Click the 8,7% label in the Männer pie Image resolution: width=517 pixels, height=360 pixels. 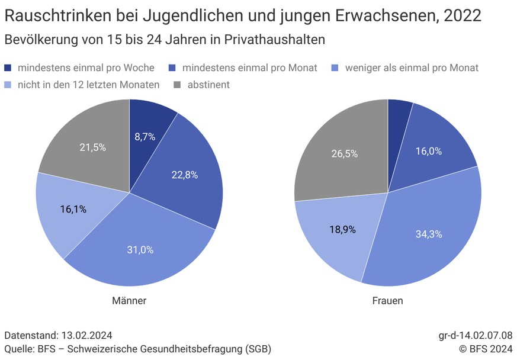pyautogui.click(x=144, y=137)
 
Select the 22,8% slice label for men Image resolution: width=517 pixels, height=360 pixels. pyautogui.click(x=184, y=175)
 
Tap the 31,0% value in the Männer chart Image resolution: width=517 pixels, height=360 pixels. pyautogui.click(x=140, y=250)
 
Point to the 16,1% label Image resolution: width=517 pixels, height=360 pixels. pyautogui.click(x=73, y=209)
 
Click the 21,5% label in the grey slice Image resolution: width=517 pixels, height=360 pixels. pyautogui.click(x=92, y=147)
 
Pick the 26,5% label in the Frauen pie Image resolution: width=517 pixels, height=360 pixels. pyautogui.click(x=344, y=153)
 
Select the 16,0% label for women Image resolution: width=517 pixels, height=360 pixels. pyautogui.click(x=429, y=151)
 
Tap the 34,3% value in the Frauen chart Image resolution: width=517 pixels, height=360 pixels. pyautogui.click(x=428, y=234)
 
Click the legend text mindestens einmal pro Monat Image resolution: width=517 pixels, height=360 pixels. pyautogui.click(x=249, y=68)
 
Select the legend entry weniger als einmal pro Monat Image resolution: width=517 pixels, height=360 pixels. pyautogui.click(x=412, y=68)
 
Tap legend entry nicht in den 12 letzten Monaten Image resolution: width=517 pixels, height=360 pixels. pyautogui.click(x=88, y=85)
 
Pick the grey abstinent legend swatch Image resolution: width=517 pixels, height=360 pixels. pyautogui.click(x=178, y=85)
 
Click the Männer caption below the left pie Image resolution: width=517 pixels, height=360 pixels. pyautogui.click(x=129, y=301)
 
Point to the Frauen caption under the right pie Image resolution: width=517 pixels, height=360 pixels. pyautogui.click(x=387, y=301)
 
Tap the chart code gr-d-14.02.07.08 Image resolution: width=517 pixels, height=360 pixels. pyautogui.click(x=475, y=336)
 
